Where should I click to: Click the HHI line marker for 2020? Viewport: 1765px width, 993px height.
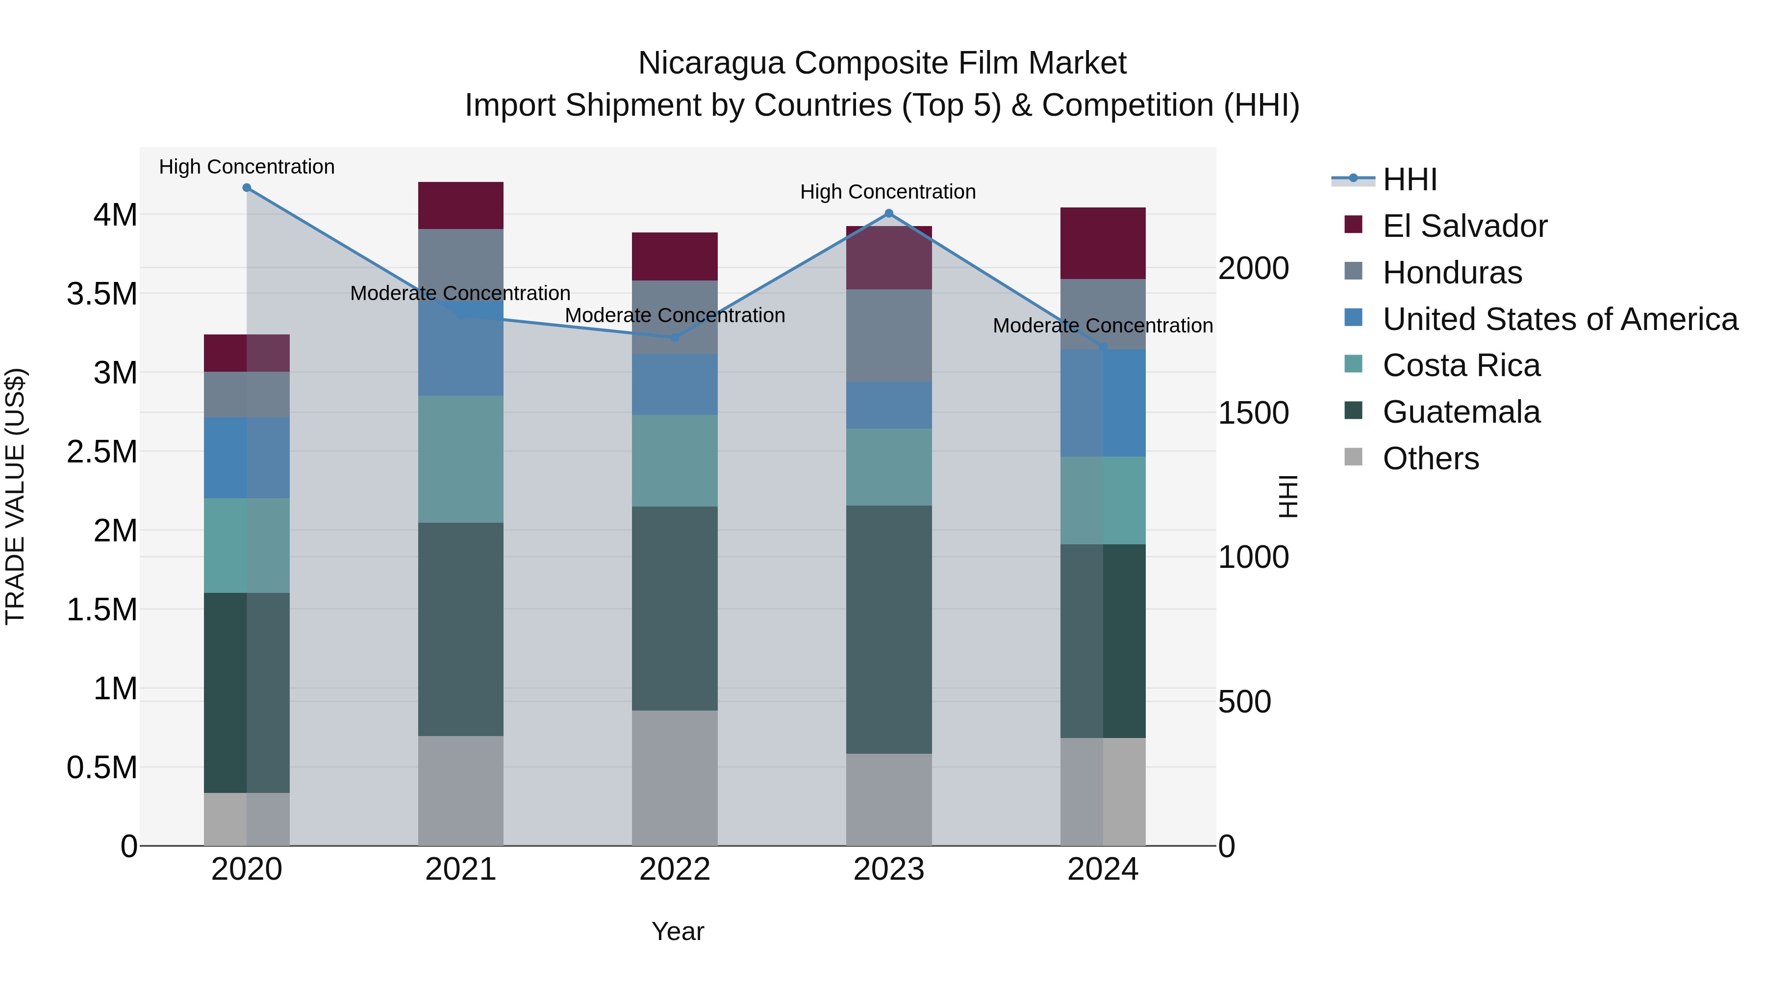[247, 188]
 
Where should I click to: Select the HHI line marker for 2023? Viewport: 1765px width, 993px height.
[889, 213]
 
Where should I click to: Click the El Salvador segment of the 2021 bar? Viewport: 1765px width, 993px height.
[460, 205]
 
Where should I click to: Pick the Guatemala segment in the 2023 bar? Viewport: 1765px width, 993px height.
[889, 629]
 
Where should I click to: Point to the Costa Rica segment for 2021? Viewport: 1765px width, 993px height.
[460, 459]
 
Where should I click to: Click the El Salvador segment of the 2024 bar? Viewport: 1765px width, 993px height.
[1103, 243]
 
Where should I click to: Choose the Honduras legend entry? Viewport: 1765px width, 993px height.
[1452, 273]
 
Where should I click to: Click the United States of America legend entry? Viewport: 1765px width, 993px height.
[1560, 319]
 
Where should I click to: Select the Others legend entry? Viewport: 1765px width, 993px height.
[1430, 458]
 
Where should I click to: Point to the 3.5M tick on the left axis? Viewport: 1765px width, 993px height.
[102, 294]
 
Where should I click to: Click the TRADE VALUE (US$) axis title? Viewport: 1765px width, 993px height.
[16, 496]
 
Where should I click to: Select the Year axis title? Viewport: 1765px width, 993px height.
[678, 931]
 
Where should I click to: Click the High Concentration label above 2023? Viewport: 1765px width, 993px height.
[888, 192]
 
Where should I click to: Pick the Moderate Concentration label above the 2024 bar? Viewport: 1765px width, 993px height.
[1103, 326]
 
